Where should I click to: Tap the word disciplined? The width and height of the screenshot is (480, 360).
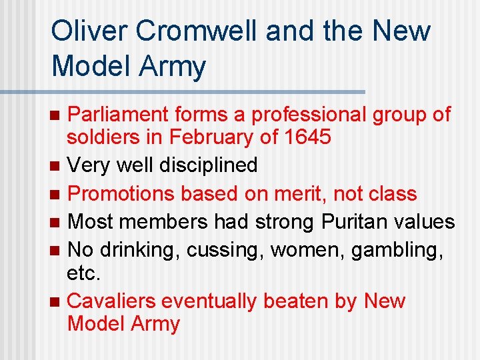point(208,165)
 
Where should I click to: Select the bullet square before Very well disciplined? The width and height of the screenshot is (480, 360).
point(55,165)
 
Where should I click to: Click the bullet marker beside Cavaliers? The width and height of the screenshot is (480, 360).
point(55,301)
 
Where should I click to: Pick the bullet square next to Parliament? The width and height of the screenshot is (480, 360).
point(55,115)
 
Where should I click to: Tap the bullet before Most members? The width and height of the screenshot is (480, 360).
point(55,222)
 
